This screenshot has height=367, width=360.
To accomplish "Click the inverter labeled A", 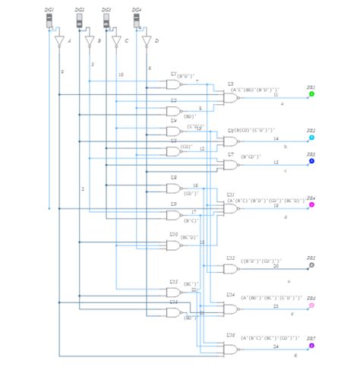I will coord(60,41).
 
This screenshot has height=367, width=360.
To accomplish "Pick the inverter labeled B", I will coord(89,41).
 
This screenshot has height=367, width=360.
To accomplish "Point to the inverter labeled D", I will coord(147,41).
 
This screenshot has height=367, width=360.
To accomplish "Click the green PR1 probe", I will coord(311,94).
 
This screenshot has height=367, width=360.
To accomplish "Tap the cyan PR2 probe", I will coord(311,138).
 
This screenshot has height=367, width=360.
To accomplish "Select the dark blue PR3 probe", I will coord(311,161).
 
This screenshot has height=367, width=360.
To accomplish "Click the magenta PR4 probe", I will coord(311,205).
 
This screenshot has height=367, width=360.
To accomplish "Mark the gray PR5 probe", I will coord(311,265).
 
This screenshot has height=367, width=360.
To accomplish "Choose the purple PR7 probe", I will coord(311,346).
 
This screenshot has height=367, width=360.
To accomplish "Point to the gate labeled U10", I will coord(175,244).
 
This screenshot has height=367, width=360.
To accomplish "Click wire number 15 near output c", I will coord(276,163).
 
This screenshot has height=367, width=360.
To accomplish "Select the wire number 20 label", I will coord(276,267).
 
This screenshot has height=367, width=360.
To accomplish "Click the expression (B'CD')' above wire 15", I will coord(251,157).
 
